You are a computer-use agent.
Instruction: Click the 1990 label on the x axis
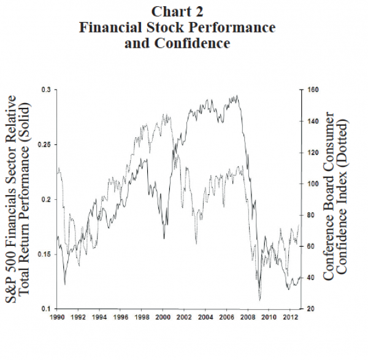point(57,318)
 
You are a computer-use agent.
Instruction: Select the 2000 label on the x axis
point(163,318)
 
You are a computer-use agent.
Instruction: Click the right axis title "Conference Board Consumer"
point(329,197)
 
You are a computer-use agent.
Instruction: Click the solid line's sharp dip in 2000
point(164,238)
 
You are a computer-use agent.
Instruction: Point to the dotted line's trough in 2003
point(196,243)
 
